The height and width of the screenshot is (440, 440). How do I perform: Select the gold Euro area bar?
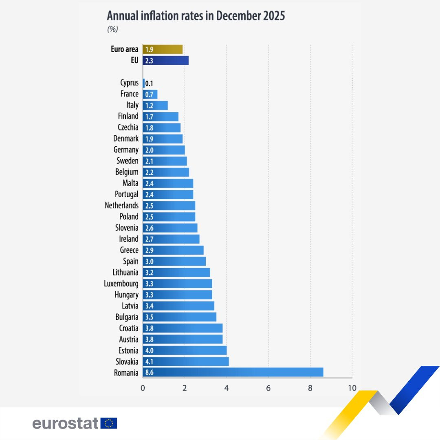click(163, 49)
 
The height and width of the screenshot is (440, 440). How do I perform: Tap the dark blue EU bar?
click(165, 61)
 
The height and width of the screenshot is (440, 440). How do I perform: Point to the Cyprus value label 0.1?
click(149, 83)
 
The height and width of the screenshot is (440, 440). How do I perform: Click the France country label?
click(129, 94)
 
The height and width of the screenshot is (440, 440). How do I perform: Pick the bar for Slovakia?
click(186, 361)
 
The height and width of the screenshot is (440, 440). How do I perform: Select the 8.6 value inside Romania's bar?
click(149, 372)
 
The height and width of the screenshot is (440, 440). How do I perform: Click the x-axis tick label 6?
click(268, 388)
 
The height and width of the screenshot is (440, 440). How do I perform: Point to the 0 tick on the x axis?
click(143, 388)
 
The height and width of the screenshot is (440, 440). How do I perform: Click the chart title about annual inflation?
click(196, 16)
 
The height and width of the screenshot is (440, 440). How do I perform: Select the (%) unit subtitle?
click(112, 29)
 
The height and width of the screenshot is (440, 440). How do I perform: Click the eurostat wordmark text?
click(65, 423)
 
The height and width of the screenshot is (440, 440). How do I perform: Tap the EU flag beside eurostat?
click(109, 423)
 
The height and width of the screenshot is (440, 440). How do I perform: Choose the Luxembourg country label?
click(121, 284)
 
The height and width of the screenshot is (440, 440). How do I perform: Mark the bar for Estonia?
click(185, 350)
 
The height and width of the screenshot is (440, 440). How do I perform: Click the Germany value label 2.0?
click(149, 150)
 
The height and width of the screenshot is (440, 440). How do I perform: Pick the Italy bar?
click(155, 106)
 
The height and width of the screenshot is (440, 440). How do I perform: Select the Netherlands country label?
click(121, 206)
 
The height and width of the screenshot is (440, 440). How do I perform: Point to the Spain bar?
click(174, 261)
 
